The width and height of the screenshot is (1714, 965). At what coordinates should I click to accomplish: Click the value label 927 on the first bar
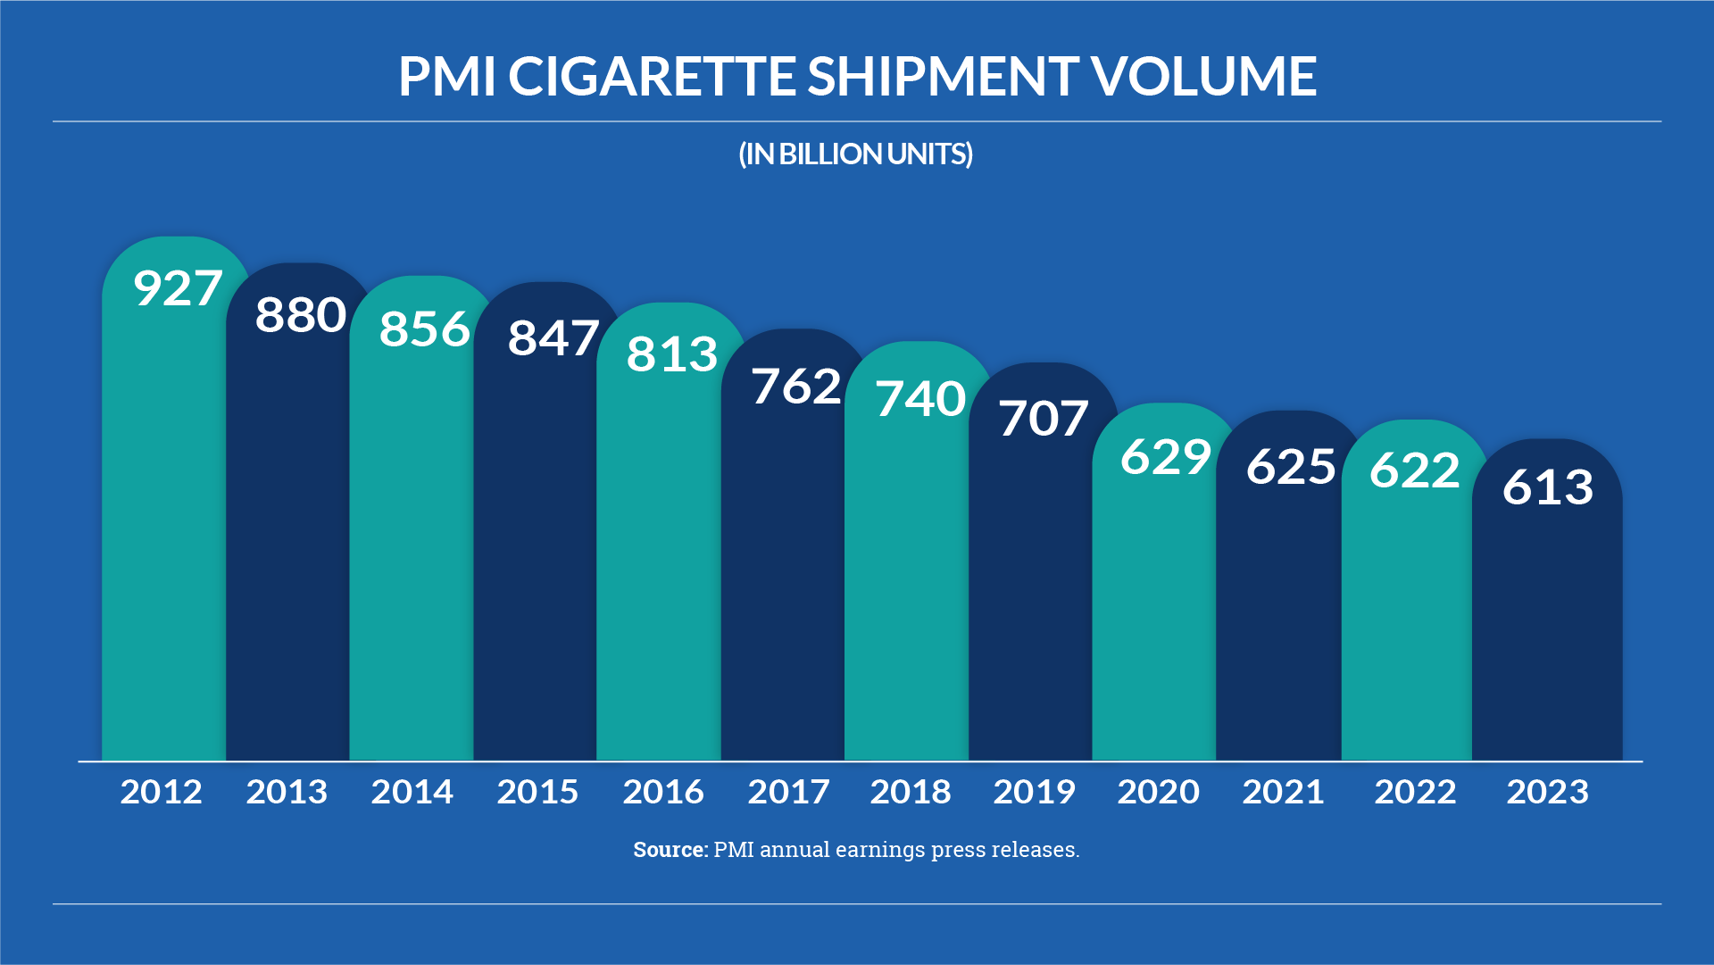tap(178, 288)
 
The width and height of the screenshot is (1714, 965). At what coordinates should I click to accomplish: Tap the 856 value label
tap(424, 329)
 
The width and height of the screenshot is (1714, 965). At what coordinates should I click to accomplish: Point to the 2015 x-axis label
tap(537, 792)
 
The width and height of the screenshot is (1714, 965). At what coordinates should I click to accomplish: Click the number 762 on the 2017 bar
tap(796, 387)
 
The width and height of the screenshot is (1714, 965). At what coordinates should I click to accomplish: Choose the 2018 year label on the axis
tap(911, 792)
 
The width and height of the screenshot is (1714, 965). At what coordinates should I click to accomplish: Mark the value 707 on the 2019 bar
tap(1044, 418)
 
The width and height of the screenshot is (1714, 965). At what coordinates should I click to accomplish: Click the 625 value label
tap(1291, 466)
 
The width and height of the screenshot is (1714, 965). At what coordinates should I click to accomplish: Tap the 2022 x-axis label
tap(1415, 792)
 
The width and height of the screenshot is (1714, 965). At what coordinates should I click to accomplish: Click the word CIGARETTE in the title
tap(652, 76)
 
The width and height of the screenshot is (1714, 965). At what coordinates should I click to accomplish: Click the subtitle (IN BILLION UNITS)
tap(855, 154)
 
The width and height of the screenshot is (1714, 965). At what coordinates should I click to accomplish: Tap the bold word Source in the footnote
tap(670, 849)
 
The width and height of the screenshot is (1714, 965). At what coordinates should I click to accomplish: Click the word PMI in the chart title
tap(446, 76)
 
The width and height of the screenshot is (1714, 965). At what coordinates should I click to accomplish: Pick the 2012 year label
tap(162, 792)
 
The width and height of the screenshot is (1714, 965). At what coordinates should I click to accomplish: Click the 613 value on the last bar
tap(1547, 487)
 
